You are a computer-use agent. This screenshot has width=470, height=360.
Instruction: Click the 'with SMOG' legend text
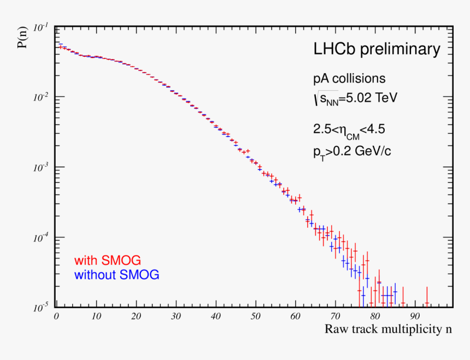(x=107, y=261)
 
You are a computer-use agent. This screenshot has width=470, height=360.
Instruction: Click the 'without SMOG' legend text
(x=116, y=275)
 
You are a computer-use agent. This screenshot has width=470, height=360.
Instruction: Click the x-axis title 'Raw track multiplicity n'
(x=389, y=329)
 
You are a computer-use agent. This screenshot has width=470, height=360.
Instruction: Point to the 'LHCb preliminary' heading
(x=376, y=50)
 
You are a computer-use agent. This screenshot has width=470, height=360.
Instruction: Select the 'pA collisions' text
(x=349, y=79)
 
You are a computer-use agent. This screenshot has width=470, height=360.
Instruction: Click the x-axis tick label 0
(x=56, y=316)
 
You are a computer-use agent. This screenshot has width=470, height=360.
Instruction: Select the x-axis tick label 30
(x=175, y=316)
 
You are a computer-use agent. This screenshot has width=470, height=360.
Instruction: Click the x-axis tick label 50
(x=255, y=316)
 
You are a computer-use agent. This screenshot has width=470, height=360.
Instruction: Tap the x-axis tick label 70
(x=335, y=316)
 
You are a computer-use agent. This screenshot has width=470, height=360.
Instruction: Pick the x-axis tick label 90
(x=415, y=316)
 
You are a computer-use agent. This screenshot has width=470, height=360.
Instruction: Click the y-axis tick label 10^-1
(x=41, y=27)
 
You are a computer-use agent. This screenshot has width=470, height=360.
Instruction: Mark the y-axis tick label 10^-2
(x=41, y=97)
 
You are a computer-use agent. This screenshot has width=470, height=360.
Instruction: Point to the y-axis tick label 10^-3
(x=41, y=167)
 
